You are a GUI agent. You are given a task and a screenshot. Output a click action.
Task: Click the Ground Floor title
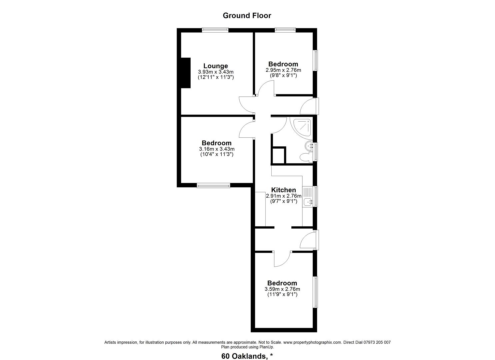tap(247, 15)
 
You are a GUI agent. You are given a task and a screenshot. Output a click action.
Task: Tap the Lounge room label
tap(216, 66)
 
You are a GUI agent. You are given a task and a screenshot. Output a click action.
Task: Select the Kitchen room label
tap(283, 190)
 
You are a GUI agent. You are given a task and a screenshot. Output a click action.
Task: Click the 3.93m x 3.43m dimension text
tap(216, 72)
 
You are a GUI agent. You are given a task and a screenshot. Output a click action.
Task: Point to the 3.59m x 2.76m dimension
tap(282, 289)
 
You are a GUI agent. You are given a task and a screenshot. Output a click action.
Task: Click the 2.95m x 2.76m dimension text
tap(283, 70)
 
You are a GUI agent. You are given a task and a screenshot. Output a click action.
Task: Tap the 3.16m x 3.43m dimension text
tap(217, 149)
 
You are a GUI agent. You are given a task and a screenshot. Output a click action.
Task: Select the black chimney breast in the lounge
tap(186, 73)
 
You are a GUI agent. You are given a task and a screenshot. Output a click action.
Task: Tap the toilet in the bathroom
tap(306, 157)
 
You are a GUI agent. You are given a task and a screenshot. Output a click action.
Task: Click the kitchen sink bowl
tap(308, 202)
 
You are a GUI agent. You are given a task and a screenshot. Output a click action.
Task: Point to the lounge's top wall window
tap(215, 30)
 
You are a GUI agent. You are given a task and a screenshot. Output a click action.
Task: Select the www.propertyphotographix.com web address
tap(313, 343)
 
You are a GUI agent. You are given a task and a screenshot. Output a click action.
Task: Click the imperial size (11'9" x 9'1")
tap(282, 294)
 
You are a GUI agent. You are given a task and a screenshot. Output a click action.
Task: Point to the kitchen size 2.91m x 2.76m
tap(284, 196)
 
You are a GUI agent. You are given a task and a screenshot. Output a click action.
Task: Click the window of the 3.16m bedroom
tap(213, 185)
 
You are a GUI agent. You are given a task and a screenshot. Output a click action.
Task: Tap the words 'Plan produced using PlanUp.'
tap(247, 347)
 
